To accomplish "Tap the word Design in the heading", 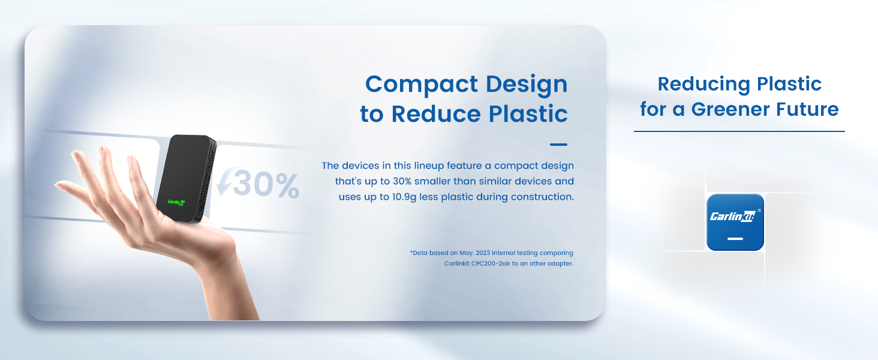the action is click(x=527, y=85).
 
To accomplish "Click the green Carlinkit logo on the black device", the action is click(x=176, y=202).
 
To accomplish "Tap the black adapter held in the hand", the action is click(x=186, y=178).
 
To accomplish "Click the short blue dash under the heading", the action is click(x=558, y=145).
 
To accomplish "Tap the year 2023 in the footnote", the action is click(x=483, y=253).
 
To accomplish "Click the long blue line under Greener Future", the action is click(x=739, y=131).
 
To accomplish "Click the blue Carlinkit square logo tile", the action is click(x=735, y=222).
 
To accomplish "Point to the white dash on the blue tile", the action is click(x=735, y=238).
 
